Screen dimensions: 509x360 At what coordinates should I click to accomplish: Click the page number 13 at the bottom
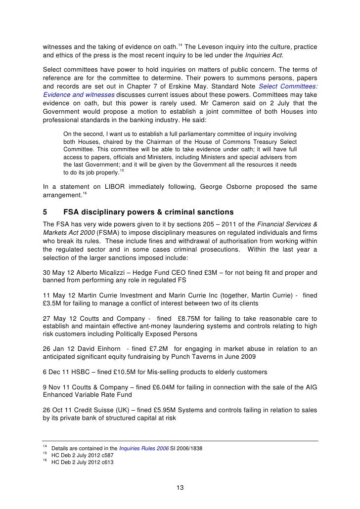coord(180,489)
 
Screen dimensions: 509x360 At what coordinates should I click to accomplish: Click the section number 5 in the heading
coord(45,212)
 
